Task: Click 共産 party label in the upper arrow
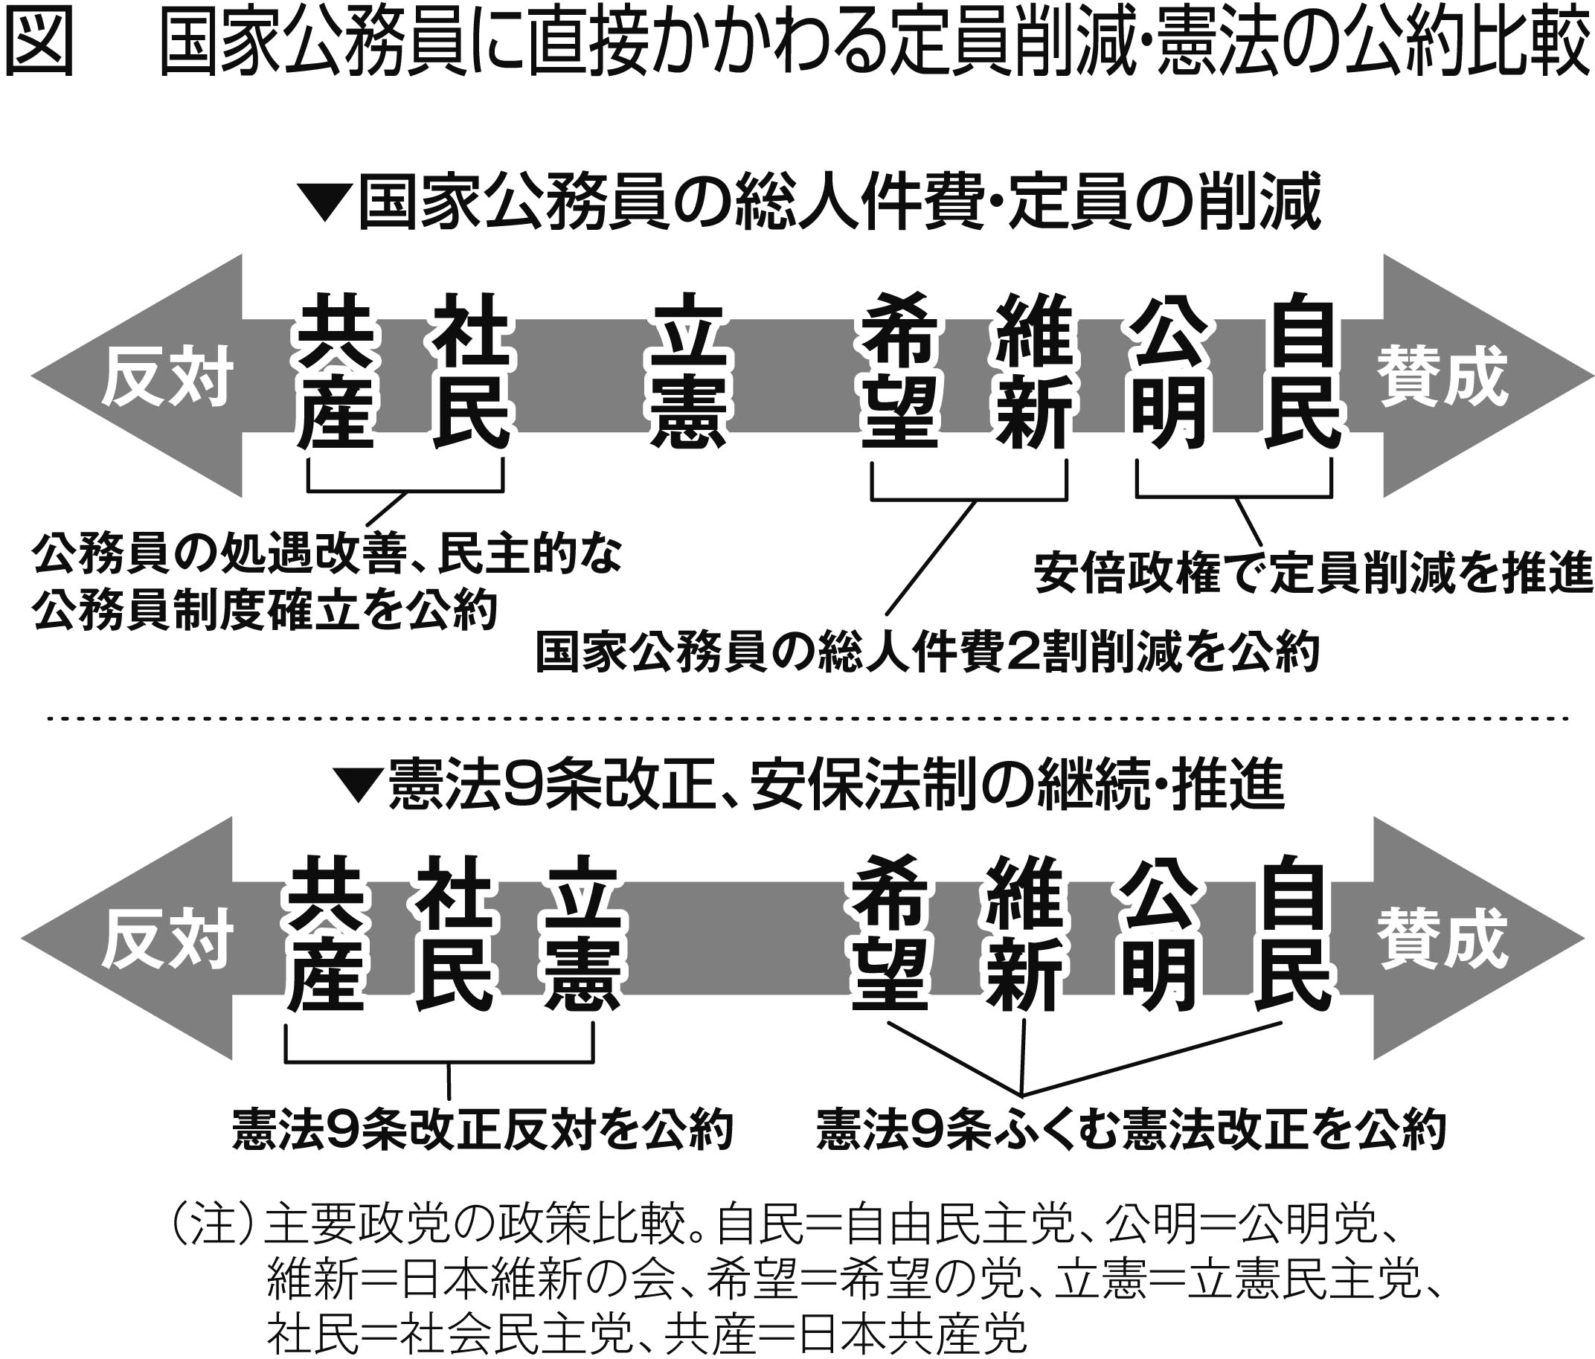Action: (336, 372)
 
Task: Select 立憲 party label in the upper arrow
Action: (687, 372)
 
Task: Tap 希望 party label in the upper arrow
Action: (900, 372)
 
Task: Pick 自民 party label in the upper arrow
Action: (1303, 372)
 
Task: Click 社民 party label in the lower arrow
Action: (455, 933)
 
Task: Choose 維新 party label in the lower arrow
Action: (1024, 933)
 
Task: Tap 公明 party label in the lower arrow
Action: (1159, 933)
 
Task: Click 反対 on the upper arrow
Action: (167, 378)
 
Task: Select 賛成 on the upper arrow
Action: (1442, 376)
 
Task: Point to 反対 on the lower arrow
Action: (167, 939)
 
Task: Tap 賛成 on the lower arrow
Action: (1442, 938)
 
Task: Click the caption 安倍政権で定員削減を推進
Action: (1312, 574)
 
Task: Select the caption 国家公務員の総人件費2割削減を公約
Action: (927, 652)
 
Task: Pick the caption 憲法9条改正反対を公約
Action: (483, 1130)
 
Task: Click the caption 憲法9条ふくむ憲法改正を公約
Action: (1131, 1130)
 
